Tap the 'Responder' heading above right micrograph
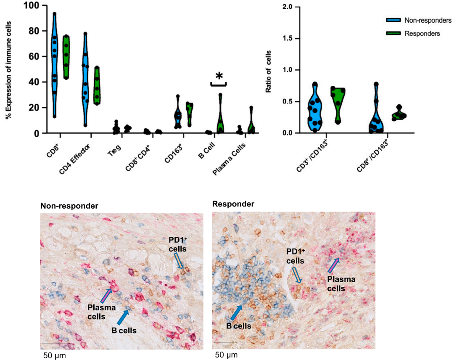point(233,204)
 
